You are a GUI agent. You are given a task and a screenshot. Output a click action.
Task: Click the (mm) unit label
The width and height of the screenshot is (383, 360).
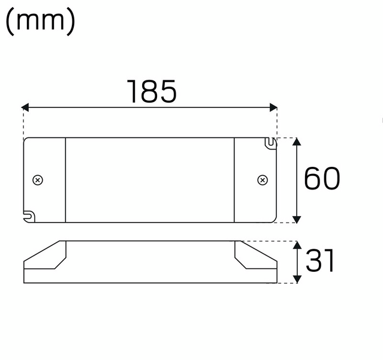coord(40,22)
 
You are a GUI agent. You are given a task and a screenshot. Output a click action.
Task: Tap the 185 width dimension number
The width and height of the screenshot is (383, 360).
coord(152,91)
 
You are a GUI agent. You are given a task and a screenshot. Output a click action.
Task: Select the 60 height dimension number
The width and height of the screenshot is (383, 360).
coord(322,179)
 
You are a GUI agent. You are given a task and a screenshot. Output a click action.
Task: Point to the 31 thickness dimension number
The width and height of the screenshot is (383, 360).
coord(319,262)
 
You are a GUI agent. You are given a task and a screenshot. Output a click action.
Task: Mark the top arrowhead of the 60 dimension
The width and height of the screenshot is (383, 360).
coord(297,142)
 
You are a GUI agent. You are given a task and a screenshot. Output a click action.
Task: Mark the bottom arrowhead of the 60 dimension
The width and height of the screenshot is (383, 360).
coord(297,218)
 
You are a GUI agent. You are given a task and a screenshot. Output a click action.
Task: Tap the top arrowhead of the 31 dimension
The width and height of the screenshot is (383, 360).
coord(297,245)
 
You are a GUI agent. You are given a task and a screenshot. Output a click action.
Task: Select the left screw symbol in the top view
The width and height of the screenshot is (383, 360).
coord(38,180)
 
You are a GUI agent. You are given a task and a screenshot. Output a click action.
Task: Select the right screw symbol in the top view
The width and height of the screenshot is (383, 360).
coord(262,180)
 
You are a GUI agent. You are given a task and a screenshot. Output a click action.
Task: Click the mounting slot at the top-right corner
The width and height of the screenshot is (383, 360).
coord(271,143)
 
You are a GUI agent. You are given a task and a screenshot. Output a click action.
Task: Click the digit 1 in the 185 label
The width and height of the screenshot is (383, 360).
coord(133,91)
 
